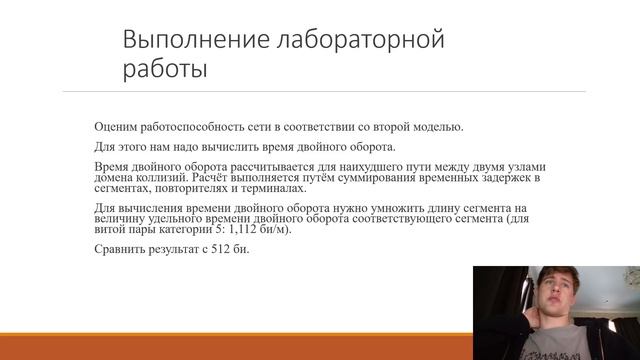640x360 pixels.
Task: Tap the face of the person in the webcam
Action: click(547, 299)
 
